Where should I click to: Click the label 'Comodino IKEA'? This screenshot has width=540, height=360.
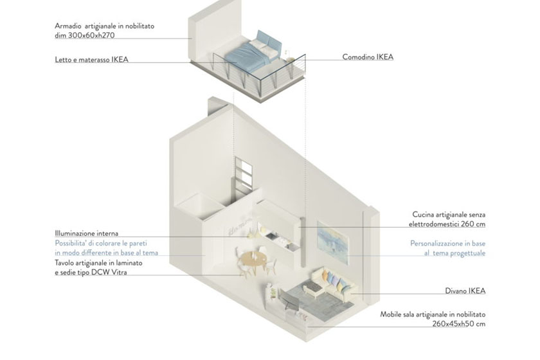coord(368,57)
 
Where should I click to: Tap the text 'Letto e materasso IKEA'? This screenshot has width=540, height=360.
coord(91,60)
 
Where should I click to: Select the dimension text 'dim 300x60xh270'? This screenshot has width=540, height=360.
coord(85,35)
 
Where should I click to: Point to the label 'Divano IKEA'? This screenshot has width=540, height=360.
coord(465,291)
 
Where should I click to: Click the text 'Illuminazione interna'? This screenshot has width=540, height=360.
coord(86,233)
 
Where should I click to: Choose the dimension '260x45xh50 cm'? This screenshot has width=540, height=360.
coord(459,324)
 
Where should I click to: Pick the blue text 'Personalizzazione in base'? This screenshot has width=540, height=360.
coord(447,244)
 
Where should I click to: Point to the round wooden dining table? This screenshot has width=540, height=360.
coord(253,258)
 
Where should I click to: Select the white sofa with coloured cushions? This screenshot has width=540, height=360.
coord(332,283)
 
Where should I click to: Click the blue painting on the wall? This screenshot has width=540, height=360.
coord(333,243)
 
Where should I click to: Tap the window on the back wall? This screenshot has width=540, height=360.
coord(244,175)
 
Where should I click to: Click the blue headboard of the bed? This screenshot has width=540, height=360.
coord(269,41)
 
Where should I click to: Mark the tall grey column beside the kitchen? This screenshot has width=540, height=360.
coord(302,242)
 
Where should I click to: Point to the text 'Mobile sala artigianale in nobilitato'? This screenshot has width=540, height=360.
coord(433,314)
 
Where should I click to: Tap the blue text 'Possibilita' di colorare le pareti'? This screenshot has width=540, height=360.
coord(101,243)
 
